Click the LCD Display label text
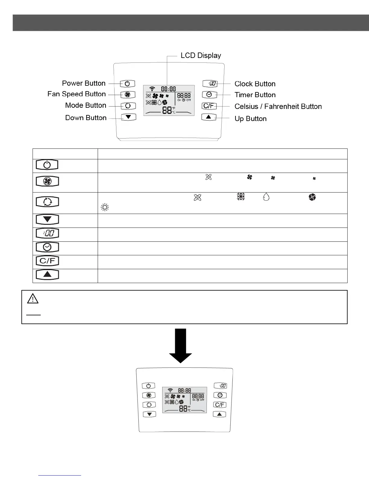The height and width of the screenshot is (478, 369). coord(201,56)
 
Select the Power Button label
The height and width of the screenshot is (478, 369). coord(84,83)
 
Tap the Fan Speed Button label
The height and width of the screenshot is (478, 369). coord(77,94)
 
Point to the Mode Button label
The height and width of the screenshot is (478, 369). coord(86,105)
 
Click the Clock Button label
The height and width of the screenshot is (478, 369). coord(255,84)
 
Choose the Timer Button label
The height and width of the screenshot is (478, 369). coord(255,95)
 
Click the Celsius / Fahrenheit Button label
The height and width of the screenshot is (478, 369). coord(278,107)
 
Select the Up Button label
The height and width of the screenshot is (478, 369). coord(251,119)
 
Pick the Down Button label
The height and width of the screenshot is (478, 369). coord(86,118)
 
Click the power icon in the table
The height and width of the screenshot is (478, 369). coord(47,165)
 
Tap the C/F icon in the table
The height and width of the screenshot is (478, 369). coord(47,261)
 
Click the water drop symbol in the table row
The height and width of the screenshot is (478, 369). coord(266,197)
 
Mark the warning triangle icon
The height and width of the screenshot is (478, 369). coord(33,298)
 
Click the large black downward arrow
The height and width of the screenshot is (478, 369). coord(180,346)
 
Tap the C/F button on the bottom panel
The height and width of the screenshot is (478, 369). coord(220,405)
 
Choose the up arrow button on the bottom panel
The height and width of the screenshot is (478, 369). coord(219,414)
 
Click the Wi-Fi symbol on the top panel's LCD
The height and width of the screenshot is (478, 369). coord(152,89)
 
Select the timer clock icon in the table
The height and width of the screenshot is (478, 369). coord(47,247)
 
